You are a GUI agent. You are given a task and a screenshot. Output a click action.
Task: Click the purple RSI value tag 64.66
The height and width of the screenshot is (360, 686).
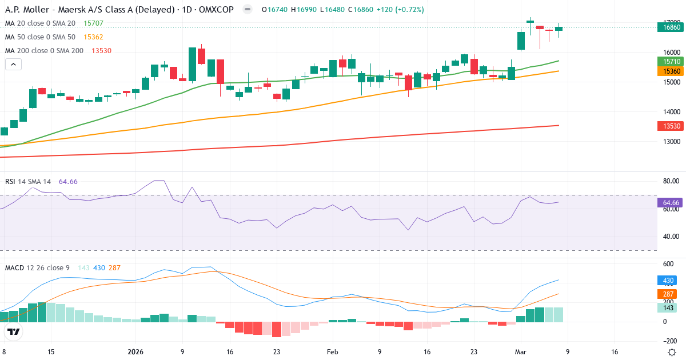[671, 203]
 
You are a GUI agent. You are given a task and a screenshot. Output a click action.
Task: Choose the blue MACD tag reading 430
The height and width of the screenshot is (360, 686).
[667, 281]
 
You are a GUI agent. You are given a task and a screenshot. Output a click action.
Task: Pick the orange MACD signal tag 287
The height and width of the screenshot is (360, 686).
[667, 294]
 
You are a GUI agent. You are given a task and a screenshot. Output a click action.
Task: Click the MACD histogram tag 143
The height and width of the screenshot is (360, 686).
[667, 308]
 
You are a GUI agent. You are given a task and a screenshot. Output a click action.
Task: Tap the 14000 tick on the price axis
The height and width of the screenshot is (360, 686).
[669, 111]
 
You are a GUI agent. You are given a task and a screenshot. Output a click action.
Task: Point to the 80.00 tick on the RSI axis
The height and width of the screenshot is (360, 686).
[671, 181]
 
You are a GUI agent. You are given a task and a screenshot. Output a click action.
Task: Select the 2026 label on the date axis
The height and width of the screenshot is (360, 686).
[135, 351]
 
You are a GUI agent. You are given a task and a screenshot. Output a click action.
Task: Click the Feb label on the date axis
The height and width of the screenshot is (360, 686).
[332, 351]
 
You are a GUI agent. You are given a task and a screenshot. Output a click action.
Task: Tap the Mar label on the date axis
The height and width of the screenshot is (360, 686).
[520, 351]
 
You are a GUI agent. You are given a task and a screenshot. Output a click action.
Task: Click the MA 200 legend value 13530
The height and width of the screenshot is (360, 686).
[93, 50]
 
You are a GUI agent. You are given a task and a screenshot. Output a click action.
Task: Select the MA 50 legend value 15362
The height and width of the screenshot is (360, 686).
[93, 37]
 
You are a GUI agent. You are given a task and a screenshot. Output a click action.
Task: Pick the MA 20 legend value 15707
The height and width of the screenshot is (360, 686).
[93, 23]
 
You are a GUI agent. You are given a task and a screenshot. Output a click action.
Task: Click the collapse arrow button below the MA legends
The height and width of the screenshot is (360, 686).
[13, 65]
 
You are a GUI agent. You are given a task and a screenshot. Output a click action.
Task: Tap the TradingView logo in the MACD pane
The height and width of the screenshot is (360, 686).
[14, 331]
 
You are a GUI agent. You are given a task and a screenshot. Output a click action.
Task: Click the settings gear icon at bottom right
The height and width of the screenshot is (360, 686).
[672, 351]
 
